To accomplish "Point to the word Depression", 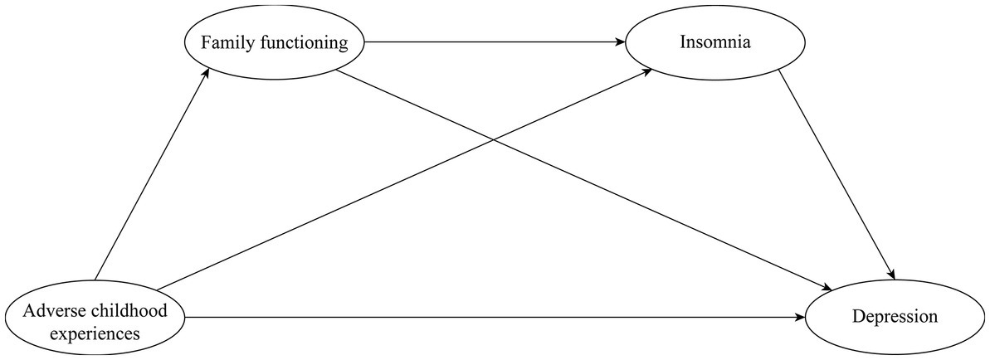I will coord(894,317).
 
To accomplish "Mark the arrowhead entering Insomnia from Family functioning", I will coord(619,41).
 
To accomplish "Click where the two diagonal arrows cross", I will coord(495,139).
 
